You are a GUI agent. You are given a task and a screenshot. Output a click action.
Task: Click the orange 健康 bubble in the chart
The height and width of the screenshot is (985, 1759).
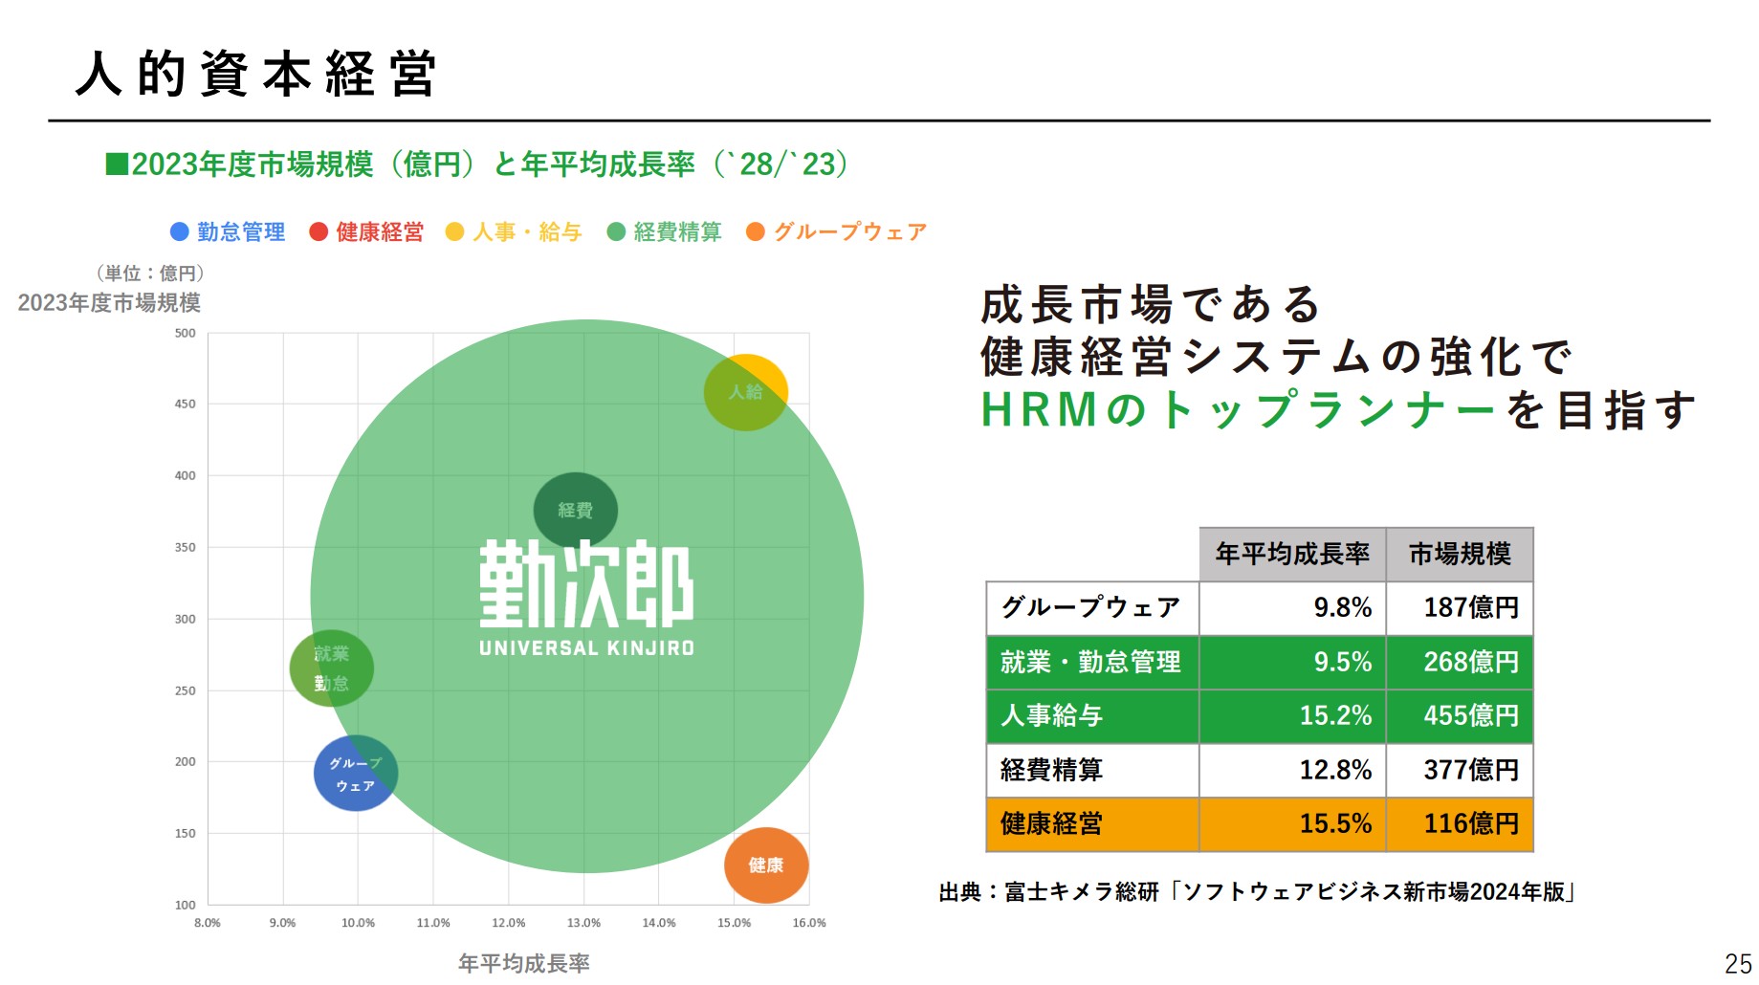click(x=766, y=865)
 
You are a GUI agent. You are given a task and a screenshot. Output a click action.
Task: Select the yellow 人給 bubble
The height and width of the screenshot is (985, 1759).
click(x=746, y=392)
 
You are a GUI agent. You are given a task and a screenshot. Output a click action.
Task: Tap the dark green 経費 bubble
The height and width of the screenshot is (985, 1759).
click(x=575, y=510)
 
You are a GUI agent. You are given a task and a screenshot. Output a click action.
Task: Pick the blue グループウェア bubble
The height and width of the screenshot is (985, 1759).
click(x=355, y=774)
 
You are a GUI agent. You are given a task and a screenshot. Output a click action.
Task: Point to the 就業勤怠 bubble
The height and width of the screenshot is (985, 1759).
click(x=331, y=668)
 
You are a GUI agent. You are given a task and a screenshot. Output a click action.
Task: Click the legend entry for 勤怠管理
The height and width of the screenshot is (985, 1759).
click(x=228, y=232)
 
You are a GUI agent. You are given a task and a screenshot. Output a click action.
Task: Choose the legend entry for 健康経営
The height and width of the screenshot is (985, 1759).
click(x=367, y=232)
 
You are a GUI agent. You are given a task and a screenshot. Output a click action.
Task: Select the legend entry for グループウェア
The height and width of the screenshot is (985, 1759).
click(x=837, y=232)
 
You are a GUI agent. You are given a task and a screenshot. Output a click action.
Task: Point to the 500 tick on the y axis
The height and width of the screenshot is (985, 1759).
click(x=185, y=334)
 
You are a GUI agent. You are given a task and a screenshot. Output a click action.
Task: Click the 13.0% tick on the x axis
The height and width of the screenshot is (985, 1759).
click(x=583, y=923)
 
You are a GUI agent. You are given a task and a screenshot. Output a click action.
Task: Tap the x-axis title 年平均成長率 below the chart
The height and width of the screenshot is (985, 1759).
click(x=523, y=963)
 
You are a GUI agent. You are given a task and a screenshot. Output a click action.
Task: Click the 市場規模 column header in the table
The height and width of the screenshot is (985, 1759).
click(x=1460, y=555)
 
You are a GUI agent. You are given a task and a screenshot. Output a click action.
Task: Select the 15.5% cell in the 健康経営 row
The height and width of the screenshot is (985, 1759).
click(x=1335, y=823)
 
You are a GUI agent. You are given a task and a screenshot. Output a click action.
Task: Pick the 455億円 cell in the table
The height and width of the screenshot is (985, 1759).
click(x=1470, y=715)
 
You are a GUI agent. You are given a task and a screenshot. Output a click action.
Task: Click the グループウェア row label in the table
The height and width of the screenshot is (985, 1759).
click(x=1090, y=607)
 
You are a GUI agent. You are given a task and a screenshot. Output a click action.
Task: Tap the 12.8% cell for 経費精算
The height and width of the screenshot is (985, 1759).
click(x=1335, y=770)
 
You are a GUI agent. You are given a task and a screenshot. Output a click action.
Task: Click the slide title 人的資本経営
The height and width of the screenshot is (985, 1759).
click(x=256, y=74)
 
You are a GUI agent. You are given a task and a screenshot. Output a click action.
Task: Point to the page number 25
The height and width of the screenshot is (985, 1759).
click(x=1738, y=963)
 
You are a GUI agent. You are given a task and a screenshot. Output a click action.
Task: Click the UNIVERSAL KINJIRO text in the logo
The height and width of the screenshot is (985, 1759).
click(x=586, y=648)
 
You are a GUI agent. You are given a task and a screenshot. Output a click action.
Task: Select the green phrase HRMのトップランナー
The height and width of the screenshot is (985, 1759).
click(x=1238, y=410)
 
